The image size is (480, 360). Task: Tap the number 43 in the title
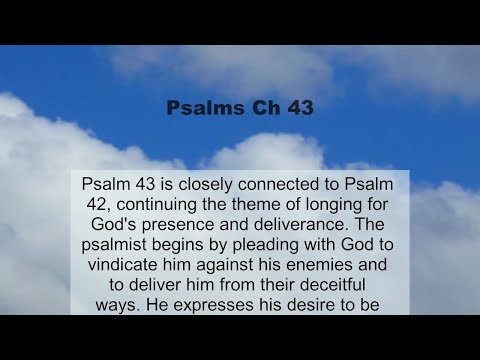coord(297,108)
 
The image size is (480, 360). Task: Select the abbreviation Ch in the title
coord(260,108)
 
